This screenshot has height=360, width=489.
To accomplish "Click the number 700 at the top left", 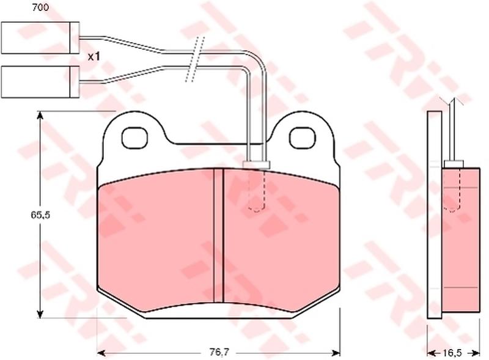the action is (x=40, y=7).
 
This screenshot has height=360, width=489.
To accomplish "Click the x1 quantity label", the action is (x=94, y=57).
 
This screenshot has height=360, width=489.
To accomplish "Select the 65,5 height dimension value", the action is (x=40, y=215).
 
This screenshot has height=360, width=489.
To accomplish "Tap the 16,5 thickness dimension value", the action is (x=452, y=353).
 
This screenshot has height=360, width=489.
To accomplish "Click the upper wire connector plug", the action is (x=40, y=38).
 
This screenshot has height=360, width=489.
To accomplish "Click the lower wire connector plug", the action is (x=40, y=82).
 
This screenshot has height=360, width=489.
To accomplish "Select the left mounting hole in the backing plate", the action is (x=134, y=138).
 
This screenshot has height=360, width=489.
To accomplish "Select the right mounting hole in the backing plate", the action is (x=302, y=138).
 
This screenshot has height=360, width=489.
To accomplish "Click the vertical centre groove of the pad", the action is (x=219, y=235).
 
